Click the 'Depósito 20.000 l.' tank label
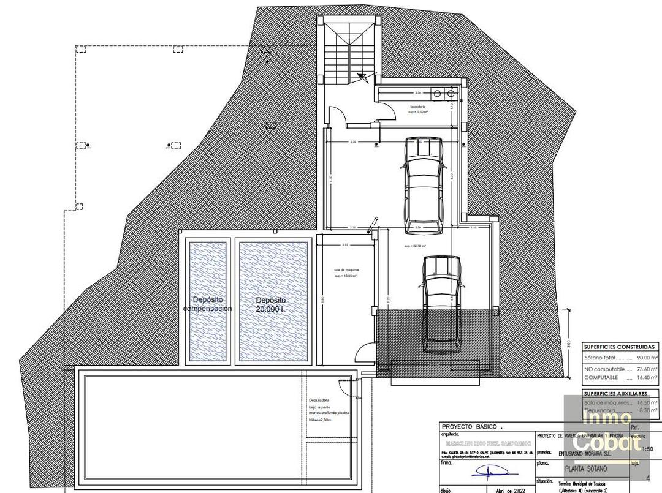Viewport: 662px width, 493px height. coord(271,304)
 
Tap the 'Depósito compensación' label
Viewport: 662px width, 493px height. coord(208,304)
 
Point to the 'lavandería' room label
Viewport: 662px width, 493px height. coord(419,106)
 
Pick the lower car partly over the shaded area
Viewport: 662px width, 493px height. coord(438,304)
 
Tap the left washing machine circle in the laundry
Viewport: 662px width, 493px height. coord(438,94)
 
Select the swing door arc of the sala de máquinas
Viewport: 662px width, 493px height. coord(363,353)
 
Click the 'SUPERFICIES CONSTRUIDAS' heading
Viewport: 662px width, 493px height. coord(619,347)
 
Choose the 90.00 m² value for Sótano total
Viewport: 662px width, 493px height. coord(647,358)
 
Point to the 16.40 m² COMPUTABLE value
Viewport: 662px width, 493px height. coord(647,377)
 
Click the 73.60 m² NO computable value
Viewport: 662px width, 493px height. coord(647,369)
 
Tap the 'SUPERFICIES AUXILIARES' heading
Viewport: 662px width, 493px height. coord(619,393)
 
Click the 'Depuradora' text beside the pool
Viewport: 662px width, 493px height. coord(320,401)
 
